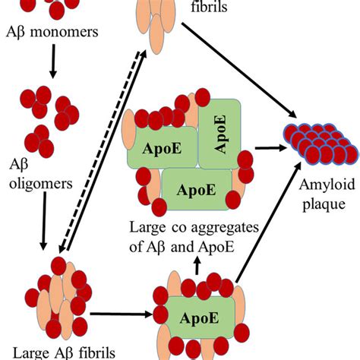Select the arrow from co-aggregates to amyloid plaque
pos(268,150)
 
